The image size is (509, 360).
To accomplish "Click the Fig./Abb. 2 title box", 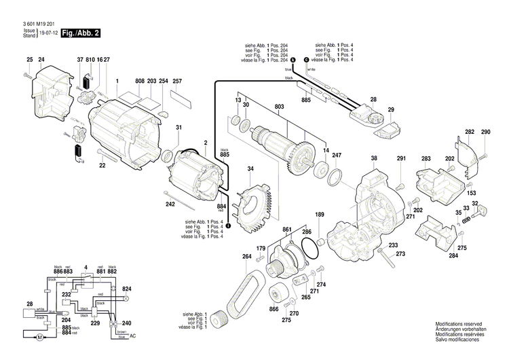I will tap(81, 33).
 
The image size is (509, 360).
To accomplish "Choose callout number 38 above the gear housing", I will tap(373, 159).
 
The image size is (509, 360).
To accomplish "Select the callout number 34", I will tap(250, 168).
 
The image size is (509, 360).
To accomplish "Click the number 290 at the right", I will tap(486, 132).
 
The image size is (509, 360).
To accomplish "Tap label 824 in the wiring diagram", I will tap(126, 289).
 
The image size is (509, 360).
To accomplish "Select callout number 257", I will tap(178, 81).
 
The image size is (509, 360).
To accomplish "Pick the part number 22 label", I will tap(102, 166).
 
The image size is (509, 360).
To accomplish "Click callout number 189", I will tap(319, 215).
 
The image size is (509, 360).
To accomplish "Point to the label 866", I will tap(274, 310).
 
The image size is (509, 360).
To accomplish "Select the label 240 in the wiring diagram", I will tap(126, 323).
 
